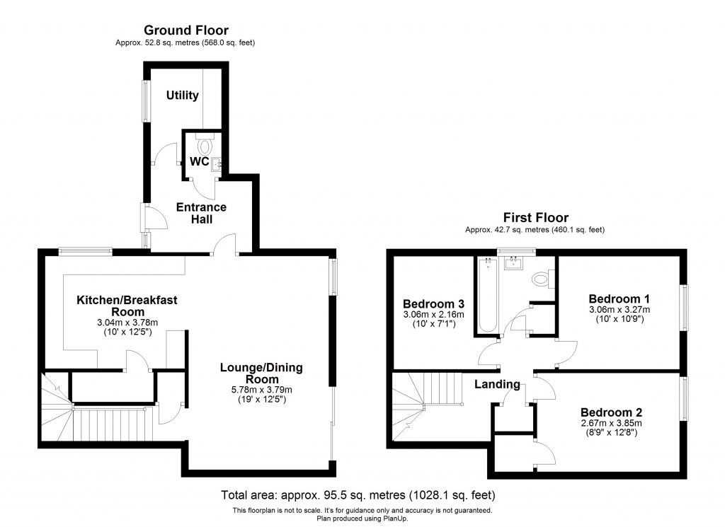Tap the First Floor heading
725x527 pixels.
[x=535, y=218]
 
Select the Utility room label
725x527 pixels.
[x=182, y=95]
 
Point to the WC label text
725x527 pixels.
[x=199, y=162]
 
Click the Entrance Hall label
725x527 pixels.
[x=201, y=213]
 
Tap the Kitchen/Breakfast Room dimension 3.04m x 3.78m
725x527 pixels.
[x=127, y=323]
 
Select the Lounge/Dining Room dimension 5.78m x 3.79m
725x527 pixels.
[x=261, y=389]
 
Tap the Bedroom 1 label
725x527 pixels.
[x=620, y=299]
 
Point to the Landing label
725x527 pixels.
[x=498, y=385]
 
